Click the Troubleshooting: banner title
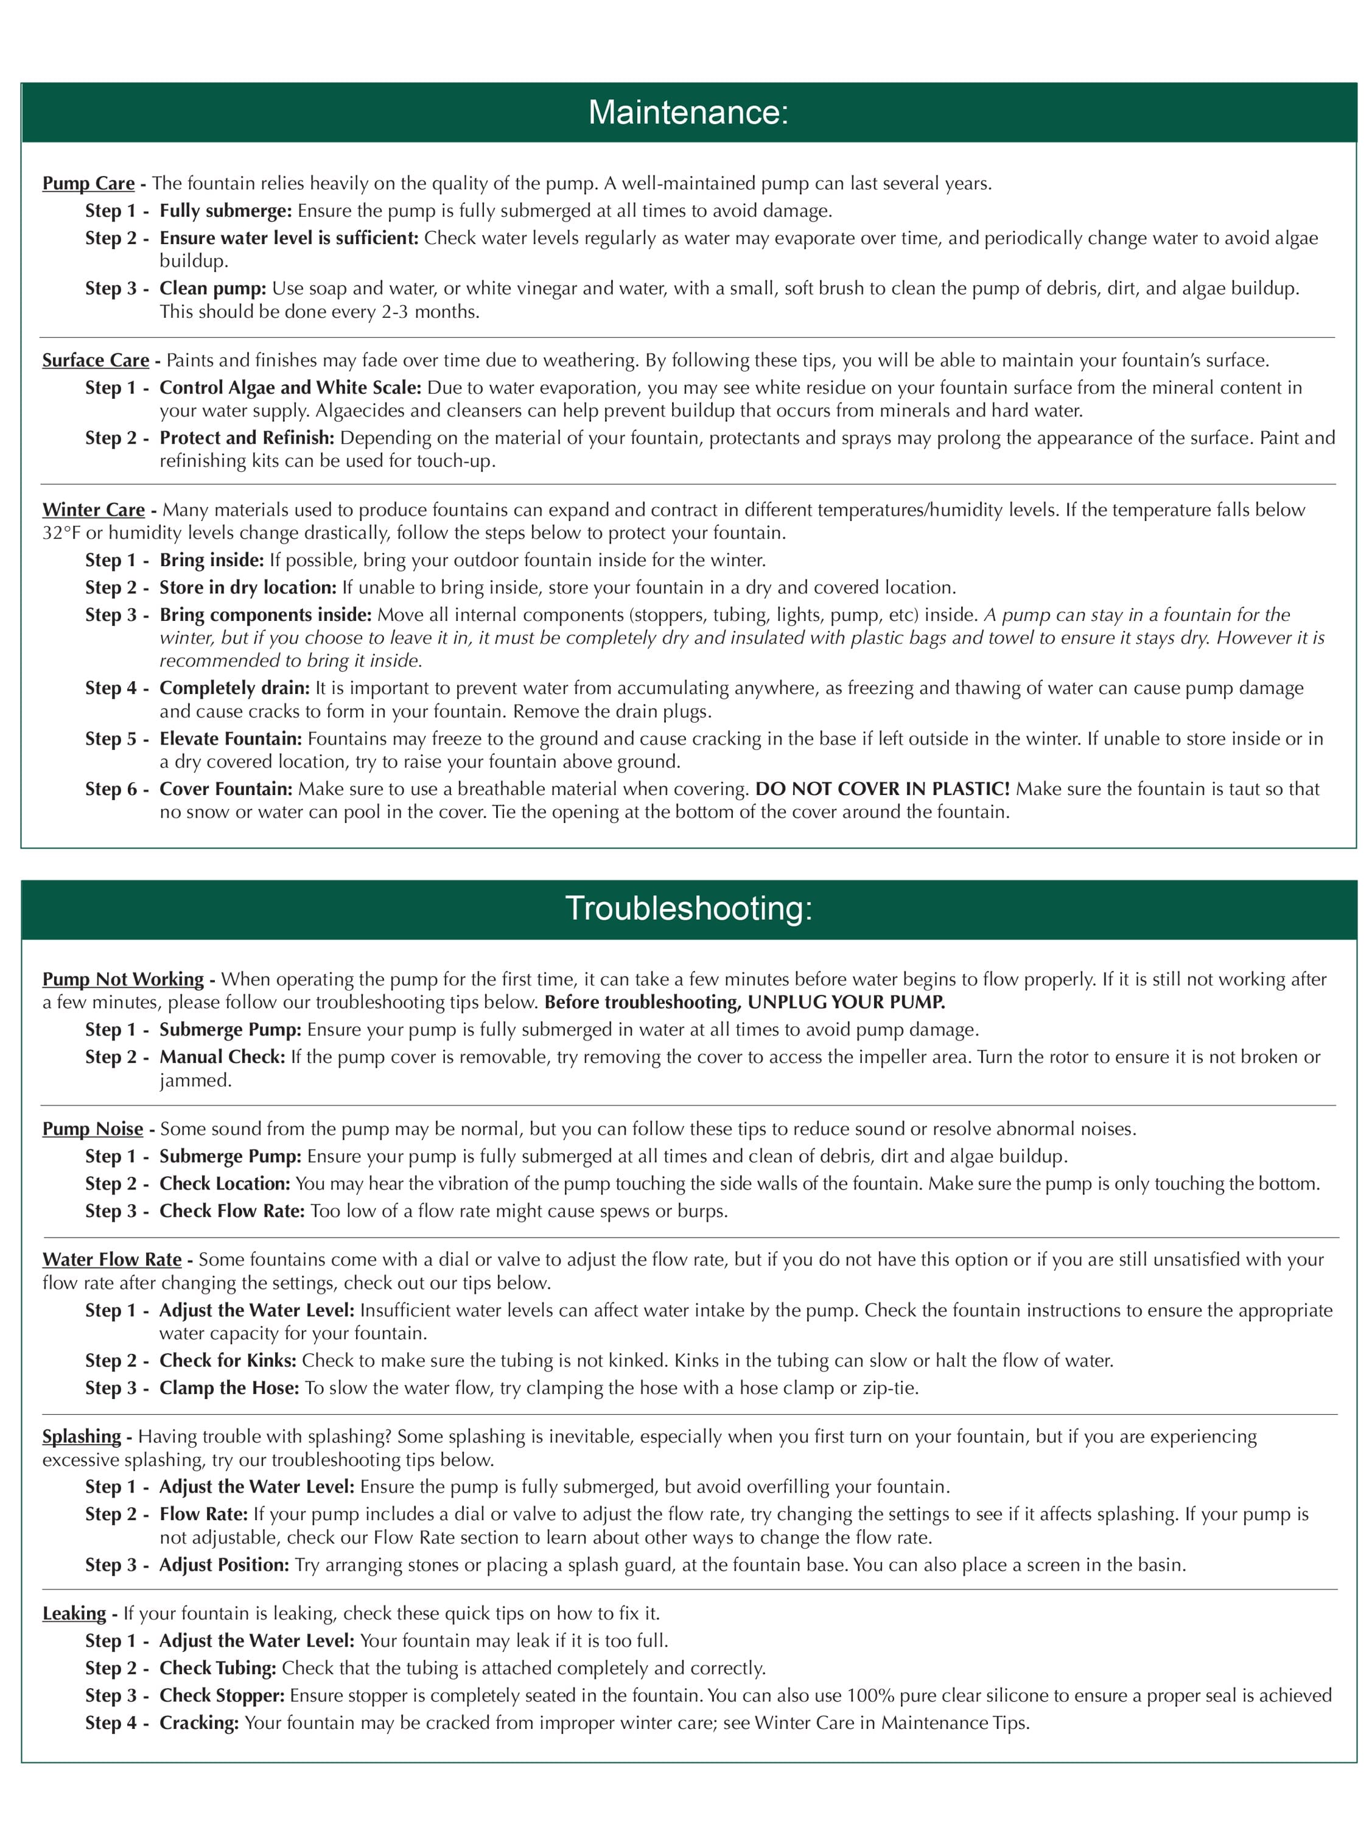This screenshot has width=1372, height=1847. pos(688,908)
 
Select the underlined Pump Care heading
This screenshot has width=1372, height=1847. pos(88,183)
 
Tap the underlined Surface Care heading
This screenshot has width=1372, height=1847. pos(96,360)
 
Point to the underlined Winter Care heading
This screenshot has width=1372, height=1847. pos(93,510)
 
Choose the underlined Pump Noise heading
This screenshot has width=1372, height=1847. pos(92,1129)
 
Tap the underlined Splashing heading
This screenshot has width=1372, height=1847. pos(82,1436)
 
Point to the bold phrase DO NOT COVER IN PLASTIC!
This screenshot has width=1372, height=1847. pos(882,789)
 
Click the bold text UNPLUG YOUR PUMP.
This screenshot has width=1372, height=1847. pos(845,1003)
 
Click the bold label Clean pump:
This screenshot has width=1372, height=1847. pos(212,289)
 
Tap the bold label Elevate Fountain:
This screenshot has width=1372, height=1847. pos(230,739)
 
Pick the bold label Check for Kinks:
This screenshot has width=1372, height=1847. pos(228,1361)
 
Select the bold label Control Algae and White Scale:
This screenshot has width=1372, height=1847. pos(290,388)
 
